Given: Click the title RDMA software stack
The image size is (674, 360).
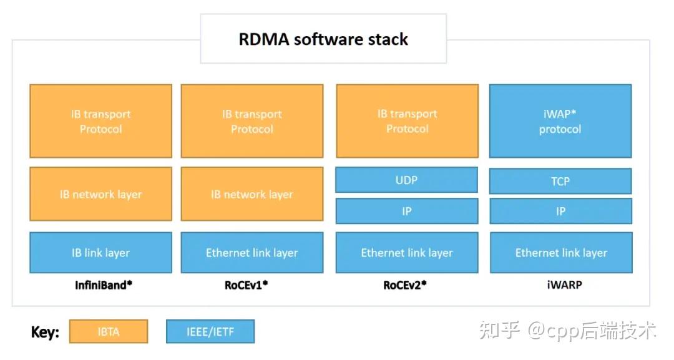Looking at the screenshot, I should coord(323,39).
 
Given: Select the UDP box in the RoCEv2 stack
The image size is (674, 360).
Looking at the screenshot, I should coord(407,180).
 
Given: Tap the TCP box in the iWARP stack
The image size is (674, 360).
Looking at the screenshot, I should coord(560,181).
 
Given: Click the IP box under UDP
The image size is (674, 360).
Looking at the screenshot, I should coord(407,212).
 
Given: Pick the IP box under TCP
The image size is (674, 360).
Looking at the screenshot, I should coord(560,212).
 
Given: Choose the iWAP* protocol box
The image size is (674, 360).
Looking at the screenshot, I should coord(560,121).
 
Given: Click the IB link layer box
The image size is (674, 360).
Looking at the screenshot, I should coord(100,253).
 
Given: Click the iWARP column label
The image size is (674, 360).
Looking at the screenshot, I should coord(560,285).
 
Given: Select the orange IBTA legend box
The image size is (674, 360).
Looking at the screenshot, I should coord(109,331).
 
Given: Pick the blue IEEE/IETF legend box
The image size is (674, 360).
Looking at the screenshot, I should coord(210,331).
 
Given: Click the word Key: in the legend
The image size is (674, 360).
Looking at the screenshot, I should coord(45,332).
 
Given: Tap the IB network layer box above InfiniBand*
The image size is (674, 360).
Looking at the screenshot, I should coord(100,194).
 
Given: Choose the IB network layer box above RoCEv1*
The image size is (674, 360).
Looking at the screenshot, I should coord(252,194).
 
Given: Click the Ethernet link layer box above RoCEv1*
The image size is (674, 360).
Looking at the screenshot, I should coord(252,253).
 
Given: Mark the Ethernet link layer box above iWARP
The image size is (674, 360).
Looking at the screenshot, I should coord(560,253).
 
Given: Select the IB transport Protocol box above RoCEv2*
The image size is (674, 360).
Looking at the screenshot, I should coord(407,121).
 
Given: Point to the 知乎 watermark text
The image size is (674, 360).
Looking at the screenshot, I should coord(499,330).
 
